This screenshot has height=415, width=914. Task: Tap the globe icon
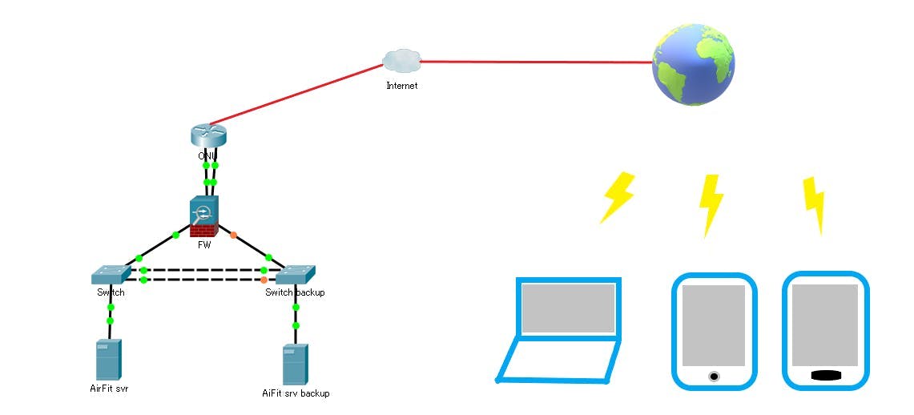click(693, 65)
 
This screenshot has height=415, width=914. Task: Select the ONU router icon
click(209, 135)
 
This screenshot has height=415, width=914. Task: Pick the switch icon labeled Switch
click(111, 275)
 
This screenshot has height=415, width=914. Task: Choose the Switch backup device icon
click(295, 275)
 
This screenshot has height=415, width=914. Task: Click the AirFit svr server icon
click(108, 360)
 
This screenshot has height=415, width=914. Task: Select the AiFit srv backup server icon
click(295, 365)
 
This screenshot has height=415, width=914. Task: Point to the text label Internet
click(401, 86)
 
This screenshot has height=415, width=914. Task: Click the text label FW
click(204, 245)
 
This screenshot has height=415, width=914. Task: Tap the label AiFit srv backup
click(296, 393)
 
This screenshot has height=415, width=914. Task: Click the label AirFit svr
click(109, 389)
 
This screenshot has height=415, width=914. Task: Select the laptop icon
click(560, 329)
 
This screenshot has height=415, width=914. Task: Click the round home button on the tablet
click(714, 376)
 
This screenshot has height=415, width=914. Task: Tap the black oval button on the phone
click(826, 375)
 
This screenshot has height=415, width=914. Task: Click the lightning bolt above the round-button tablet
click(710, 203)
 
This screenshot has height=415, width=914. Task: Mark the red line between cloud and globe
click(537, 62)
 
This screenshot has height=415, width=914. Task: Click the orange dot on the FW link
click(233, 235)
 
